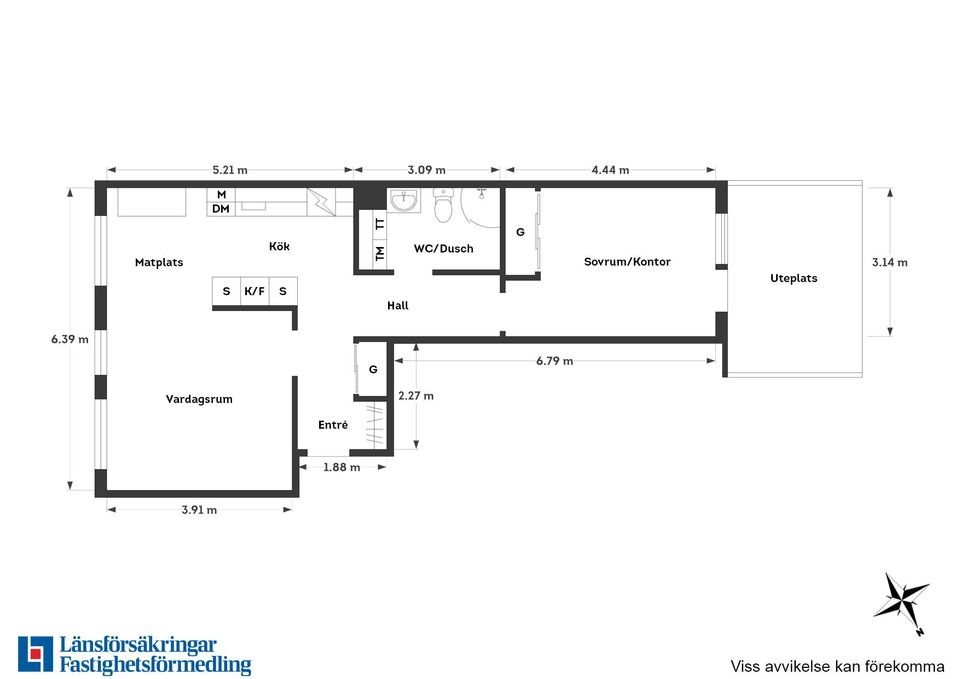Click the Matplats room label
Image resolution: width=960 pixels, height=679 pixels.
tap(159, 263)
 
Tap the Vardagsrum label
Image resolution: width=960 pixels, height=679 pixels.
tap(199, 399)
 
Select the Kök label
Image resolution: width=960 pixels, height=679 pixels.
tap(279, 246)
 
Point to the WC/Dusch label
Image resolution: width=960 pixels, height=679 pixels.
tap(443, 249)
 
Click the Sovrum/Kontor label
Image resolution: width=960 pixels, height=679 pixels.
tap(627, 261)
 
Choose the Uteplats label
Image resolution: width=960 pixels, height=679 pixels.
tap(793, 278)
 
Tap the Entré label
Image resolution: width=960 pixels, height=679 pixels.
tap(333, 424)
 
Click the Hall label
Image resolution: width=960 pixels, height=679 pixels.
tap(397, 306)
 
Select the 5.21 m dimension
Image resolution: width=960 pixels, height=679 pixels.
tap(230, 170)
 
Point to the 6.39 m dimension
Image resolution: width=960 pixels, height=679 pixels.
tap(70, 339)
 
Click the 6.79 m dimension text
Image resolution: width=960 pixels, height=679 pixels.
tap(555, 361)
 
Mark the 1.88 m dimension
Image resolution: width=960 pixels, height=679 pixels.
tap(342, 467)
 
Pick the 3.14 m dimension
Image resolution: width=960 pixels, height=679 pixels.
tap(890, 263)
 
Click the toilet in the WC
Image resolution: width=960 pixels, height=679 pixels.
tap(443, 205)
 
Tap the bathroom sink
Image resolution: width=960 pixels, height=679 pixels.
tap(404, 200)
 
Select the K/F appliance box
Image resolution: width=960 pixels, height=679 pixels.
tap(255, 291)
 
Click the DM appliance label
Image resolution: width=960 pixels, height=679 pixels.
tap(221, 209)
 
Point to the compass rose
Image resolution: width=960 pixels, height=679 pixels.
tap(901, 598)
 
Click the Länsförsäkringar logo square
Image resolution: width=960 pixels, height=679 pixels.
tap(36, 654)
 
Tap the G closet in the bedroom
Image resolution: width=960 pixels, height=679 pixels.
tap(520, 232)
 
